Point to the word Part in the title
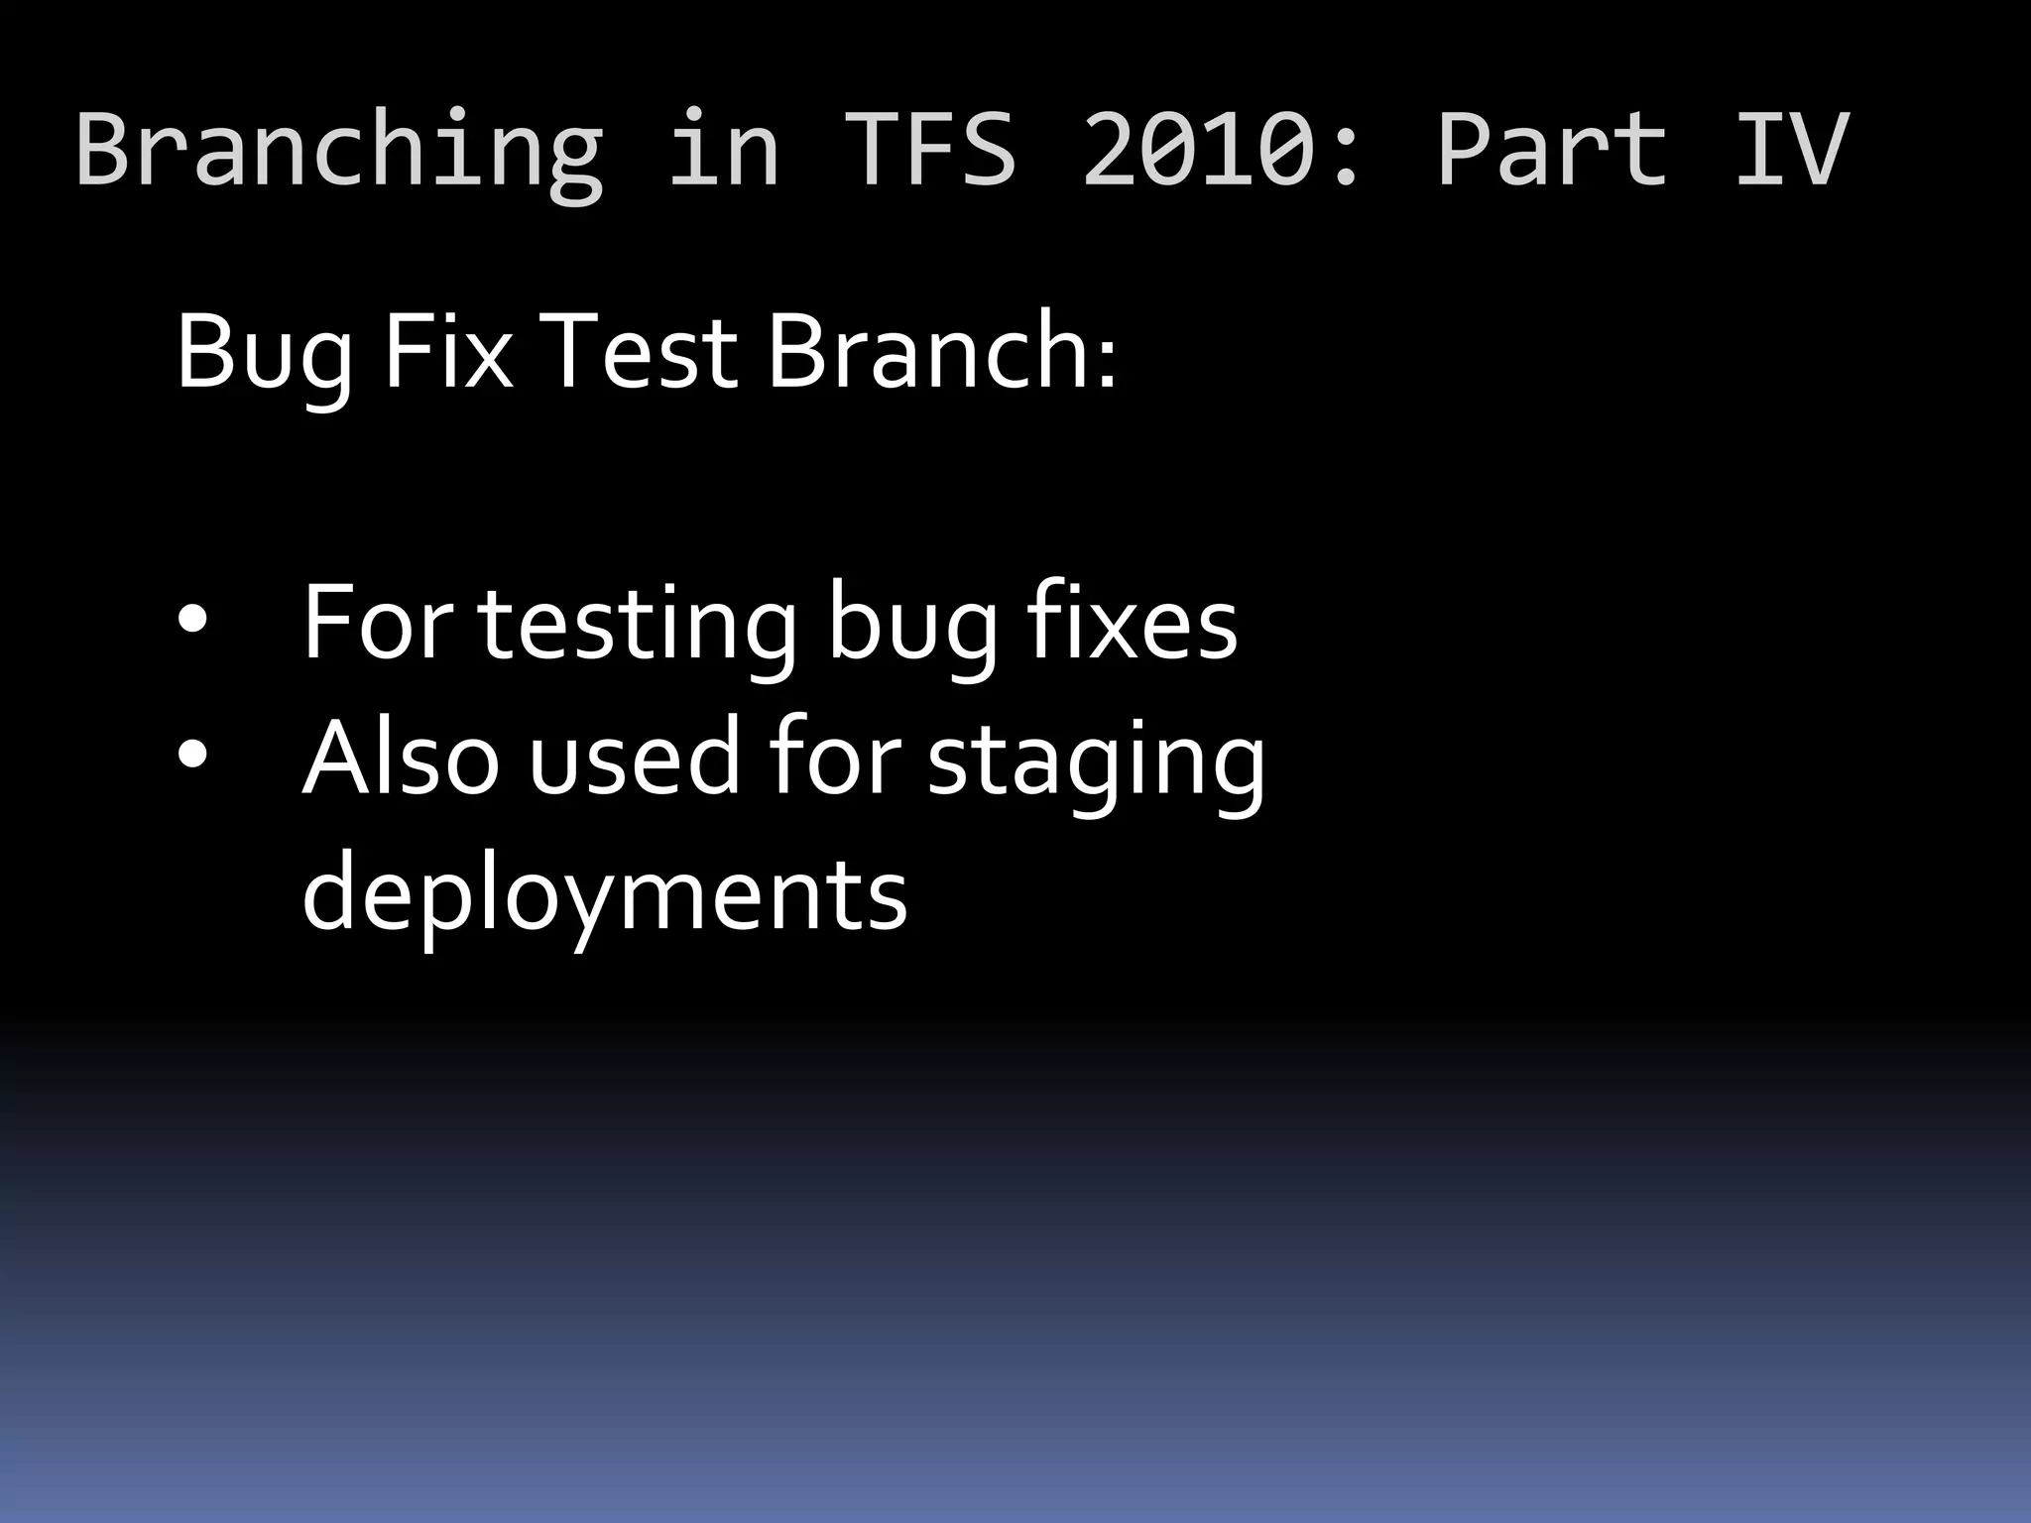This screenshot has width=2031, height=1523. click(x=1551, y=149)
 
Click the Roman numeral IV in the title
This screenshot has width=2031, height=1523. click(x=1791, y=149)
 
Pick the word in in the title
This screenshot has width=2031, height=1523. click(x=723, y=149)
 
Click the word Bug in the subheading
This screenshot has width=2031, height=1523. click(x=264, y=353)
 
